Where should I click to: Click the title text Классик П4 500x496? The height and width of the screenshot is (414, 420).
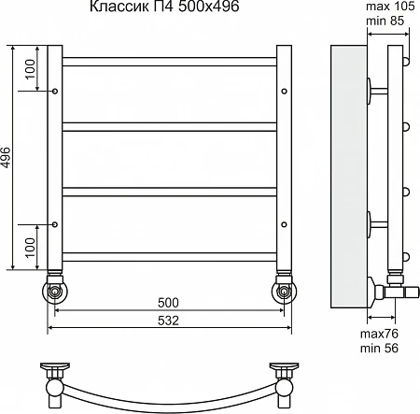(164, 7)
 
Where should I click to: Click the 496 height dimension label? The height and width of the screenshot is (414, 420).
(6, 157)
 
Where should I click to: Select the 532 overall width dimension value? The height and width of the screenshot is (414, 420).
(168, 321)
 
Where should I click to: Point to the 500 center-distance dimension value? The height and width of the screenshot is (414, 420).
(168, 303)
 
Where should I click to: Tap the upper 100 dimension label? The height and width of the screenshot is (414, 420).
(30, 69)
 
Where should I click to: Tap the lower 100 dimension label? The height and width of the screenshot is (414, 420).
(30, 248)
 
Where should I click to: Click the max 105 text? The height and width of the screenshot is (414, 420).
(390, 6)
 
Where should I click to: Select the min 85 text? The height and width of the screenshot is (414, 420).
(385, 21)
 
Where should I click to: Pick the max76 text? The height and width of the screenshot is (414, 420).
(379, 334)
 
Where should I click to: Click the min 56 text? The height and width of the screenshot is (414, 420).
(379, 348)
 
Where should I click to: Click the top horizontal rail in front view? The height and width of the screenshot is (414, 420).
(170, 62)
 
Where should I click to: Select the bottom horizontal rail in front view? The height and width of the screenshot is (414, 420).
(170, 257)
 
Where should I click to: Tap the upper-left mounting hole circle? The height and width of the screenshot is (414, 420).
(55, 92)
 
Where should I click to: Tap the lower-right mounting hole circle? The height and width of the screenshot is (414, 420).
(284, 224)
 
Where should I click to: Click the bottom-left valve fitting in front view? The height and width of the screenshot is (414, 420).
(55, 288)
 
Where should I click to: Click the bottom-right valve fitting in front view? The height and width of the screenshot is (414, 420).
(284, 288)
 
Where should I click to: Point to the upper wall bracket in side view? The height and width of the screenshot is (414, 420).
(377, 91)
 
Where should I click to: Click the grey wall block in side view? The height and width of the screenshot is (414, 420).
(349, 177)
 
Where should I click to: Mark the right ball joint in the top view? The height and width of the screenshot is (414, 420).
(285, 388)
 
